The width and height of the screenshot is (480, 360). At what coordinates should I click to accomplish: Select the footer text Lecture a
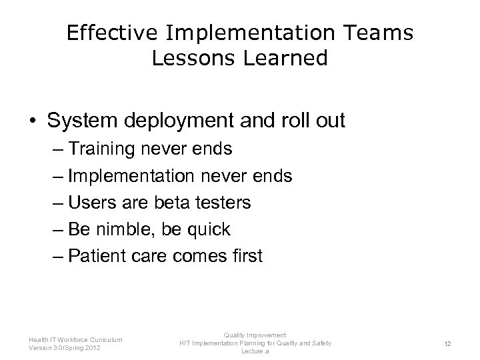click(x=255, y=351)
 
